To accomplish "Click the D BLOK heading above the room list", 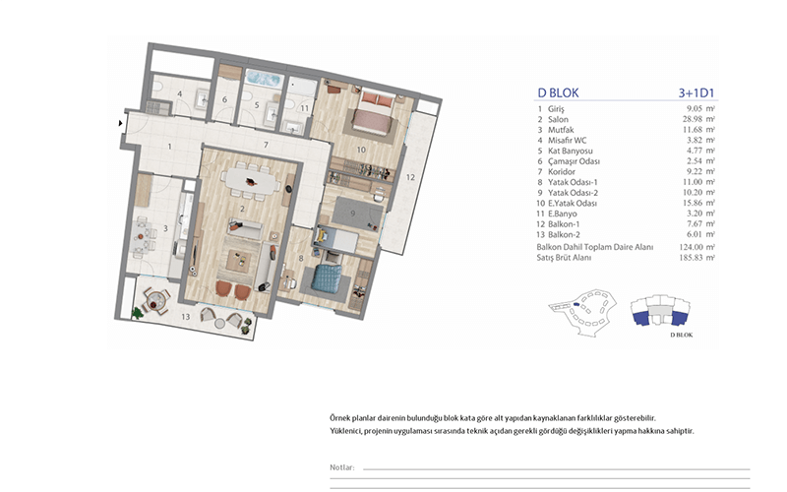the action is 558,92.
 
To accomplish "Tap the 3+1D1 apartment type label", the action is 696,92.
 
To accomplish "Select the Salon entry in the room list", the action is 558,119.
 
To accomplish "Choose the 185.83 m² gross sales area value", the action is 697,258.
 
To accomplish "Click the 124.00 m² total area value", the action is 697,247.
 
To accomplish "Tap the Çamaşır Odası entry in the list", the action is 574,161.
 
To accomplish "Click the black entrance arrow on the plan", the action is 120,123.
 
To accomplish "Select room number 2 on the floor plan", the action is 242,209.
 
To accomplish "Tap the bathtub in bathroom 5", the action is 263,79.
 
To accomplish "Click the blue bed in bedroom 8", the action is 326,277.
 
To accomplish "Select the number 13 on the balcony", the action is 186,317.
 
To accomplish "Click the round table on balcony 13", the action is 154,300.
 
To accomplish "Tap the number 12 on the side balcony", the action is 410,177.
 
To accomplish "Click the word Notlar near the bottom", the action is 341,467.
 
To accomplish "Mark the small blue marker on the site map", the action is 576,304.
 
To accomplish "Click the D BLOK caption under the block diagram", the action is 682,335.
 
